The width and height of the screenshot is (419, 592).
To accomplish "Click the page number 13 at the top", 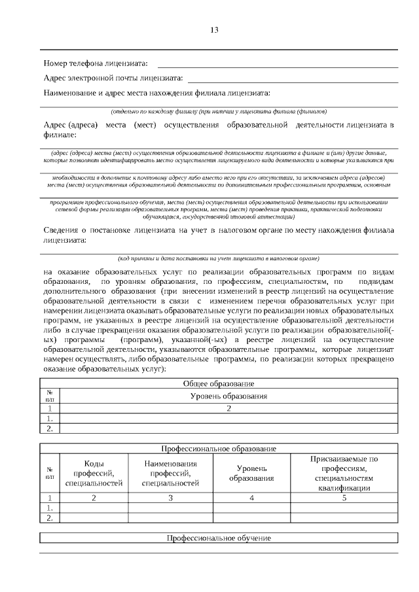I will click(214, 30).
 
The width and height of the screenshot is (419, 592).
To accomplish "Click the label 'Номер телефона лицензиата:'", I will click(96, 63).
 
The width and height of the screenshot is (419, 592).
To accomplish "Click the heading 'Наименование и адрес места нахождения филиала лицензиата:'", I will click(156, 93).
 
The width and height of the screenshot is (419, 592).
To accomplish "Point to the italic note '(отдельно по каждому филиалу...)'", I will click(219, 111).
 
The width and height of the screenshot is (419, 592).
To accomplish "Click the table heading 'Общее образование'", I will click(219, 383).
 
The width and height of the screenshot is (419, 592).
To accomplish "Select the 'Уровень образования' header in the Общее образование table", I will click(228, 396).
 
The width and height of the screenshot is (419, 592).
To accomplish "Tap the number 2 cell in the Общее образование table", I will click(228, 408).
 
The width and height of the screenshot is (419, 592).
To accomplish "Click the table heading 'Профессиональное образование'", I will click(219, 449).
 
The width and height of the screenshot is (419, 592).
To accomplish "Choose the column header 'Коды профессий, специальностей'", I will click(94, 473).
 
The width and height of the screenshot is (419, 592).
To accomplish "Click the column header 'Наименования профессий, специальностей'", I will click(170, 473).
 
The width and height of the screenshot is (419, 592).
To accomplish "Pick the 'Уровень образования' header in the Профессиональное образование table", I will click(251, 474).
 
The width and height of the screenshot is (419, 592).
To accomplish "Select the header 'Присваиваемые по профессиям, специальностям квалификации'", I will click(344, 473).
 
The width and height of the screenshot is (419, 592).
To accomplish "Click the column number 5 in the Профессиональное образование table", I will click(344, 498).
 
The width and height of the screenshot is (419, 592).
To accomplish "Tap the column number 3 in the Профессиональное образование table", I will click(170, 498).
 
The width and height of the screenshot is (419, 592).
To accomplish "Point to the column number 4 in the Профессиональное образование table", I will click(251, 498).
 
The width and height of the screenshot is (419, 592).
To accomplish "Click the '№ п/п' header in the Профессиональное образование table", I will click(49, 473).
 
